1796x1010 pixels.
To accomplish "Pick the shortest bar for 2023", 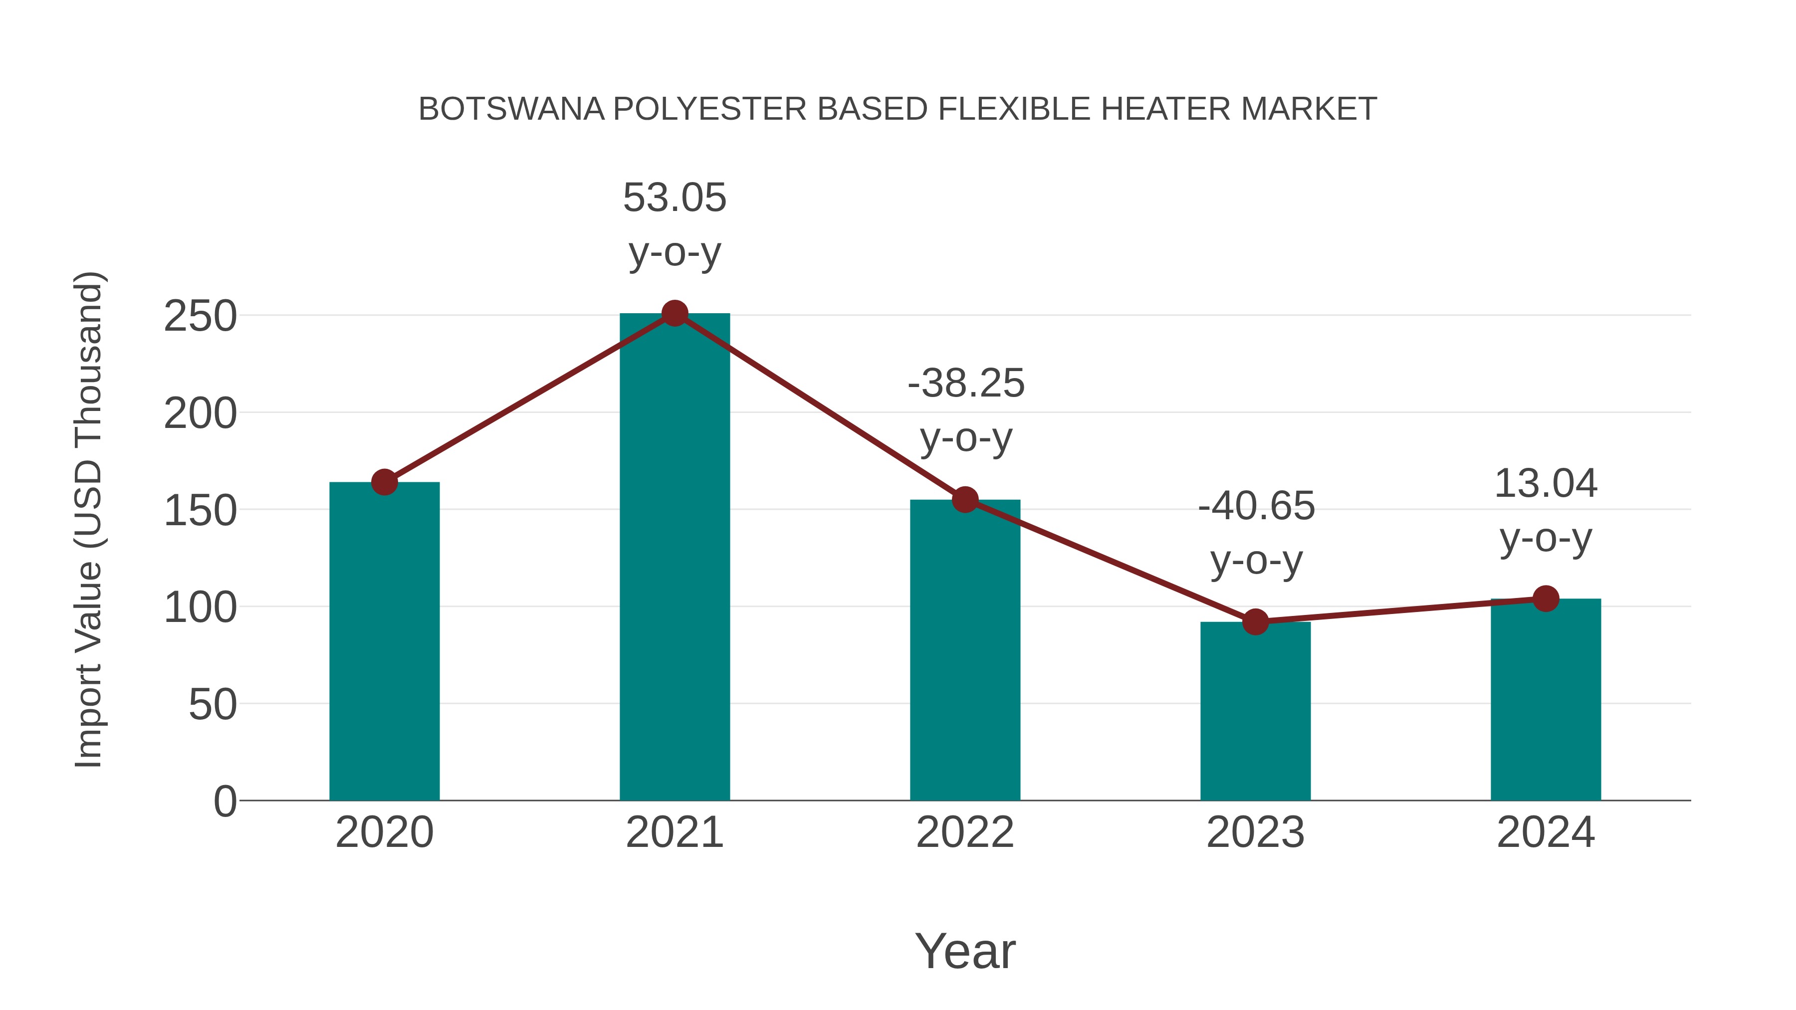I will point(1255,710).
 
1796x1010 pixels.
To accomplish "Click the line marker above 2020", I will point(384,482).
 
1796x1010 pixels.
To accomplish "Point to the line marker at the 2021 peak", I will point(674,314).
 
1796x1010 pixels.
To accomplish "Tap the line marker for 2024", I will point(1546,598).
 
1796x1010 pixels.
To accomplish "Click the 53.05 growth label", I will point(674,198).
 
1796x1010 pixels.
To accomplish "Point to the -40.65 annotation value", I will point(1256,506).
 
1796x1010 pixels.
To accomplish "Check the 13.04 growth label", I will point(1546,484).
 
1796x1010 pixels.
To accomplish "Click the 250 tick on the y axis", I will point(200,317).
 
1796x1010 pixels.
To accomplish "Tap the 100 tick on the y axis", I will point(200,608).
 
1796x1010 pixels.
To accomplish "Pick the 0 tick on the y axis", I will point(224,802).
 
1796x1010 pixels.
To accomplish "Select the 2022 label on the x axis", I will point(965,832).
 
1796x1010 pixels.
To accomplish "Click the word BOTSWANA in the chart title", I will point(511,109).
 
